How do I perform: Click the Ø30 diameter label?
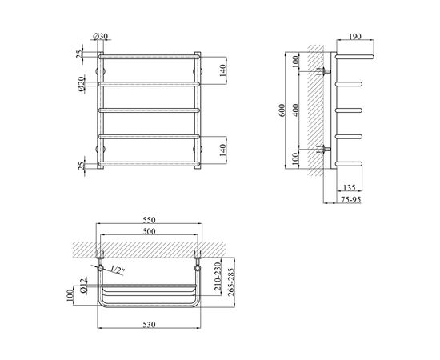point(100,36)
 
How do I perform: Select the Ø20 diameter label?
point(82,84)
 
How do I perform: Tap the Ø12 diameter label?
point(83,286)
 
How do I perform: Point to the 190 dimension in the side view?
point(355,37)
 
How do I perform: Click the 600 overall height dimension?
point(282,110)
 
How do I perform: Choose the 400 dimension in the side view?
point(295,110)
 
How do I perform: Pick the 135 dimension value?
point(349,187)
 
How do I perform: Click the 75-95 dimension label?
point(350,199)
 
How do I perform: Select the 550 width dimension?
point(149,220)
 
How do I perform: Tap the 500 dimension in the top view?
point(149,231)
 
